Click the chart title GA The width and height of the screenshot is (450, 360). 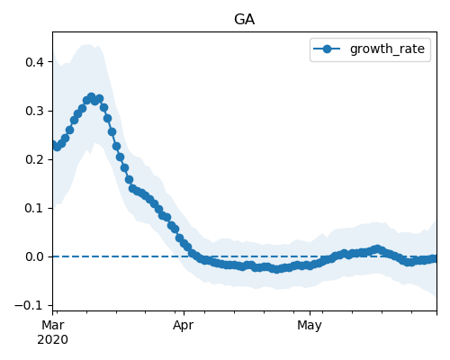click(244, 20)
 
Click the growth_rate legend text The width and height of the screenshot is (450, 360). click(387, 49)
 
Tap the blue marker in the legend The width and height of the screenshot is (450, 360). click(327, 49)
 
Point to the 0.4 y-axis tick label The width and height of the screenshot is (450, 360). click(35, 62)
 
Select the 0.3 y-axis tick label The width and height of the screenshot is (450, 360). click(35, 111)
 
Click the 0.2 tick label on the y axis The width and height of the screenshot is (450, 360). click(35, 159)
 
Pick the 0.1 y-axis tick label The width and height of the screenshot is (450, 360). click(35, 208)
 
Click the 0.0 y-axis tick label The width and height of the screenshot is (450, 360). click(35, 256)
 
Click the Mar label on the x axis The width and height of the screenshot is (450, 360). click(53, 325)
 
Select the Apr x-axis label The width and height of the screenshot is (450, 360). click(183, 326)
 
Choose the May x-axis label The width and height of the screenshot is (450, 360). click(310, 326)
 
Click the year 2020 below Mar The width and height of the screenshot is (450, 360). click(52, 340)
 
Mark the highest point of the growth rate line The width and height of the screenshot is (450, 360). click(92, 97)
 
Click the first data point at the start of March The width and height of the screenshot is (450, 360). click(53, 145)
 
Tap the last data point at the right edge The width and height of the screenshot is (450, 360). click(435, 258)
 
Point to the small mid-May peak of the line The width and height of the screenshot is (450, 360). click(377, 249)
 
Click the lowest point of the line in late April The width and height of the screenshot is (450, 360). click(276, 269)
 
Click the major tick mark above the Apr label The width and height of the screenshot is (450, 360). click(184, 313)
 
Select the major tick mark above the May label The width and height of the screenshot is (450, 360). click(310, 313)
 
